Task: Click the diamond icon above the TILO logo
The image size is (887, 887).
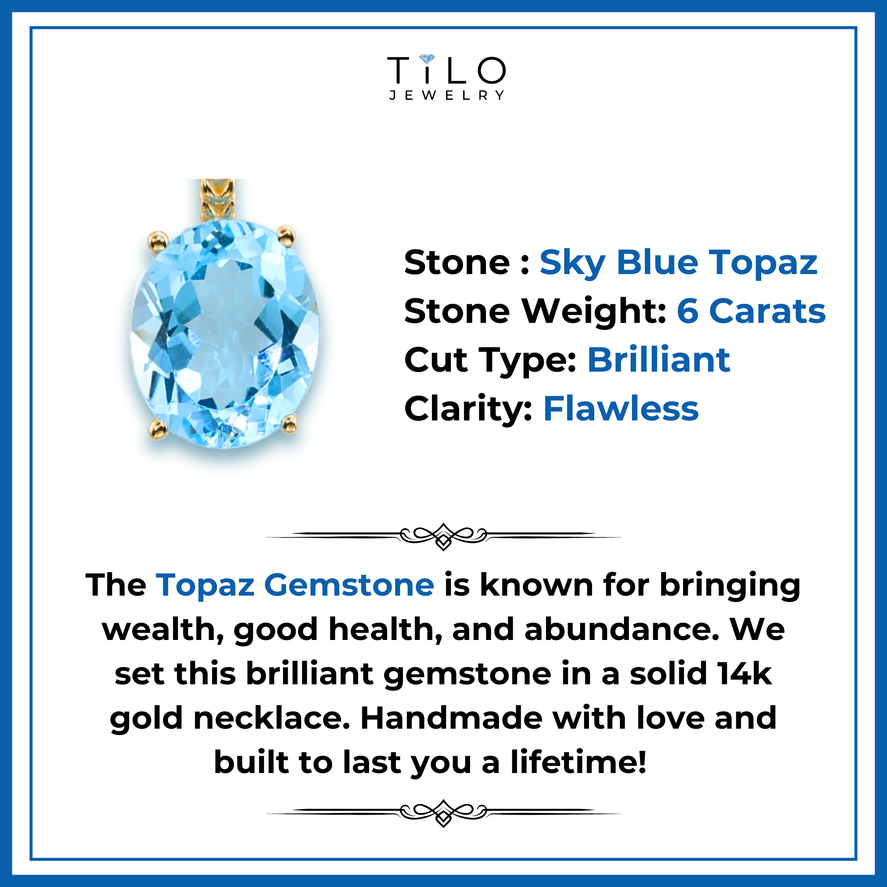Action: [427, 60]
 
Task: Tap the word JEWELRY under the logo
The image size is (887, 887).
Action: [447, 95]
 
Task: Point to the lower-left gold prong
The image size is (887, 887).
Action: [158, 429]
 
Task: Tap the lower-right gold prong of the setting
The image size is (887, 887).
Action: [289, 423]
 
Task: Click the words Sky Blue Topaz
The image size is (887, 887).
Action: [679, 264]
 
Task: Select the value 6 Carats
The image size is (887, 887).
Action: [751, 311]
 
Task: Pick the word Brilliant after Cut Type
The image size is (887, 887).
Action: [659, 360]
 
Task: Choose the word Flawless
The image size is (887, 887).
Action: [621, 408]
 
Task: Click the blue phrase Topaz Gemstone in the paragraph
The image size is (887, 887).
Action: [295, 585]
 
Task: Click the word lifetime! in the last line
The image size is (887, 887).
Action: [579, 762]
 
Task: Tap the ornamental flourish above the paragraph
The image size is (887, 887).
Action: [443, 535]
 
